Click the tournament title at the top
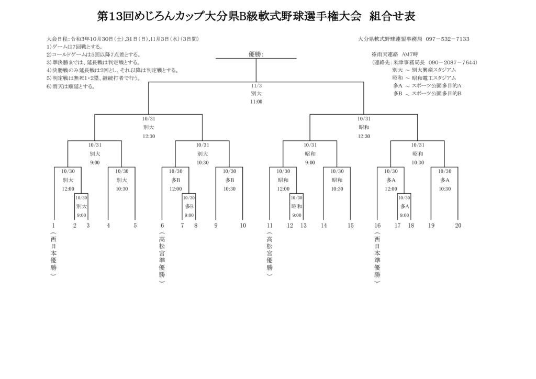click(256, 16)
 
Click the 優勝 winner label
click(255, 54)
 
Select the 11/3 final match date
click(256, 85)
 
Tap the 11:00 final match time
click(256, 102)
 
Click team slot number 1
click(53, 226)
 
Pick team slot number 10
click(243, 226)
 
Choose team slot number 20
click(458, 226)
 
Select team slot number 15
click(350, 226)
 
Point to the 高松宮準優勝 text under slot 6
click(162, 257)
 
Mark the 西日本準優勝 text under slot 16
click(377, 257)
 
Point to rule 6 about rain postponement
click(71, 86)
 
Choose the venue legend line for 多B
click(427, 93)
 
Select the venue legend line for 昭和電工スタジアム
click(424, 77)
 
